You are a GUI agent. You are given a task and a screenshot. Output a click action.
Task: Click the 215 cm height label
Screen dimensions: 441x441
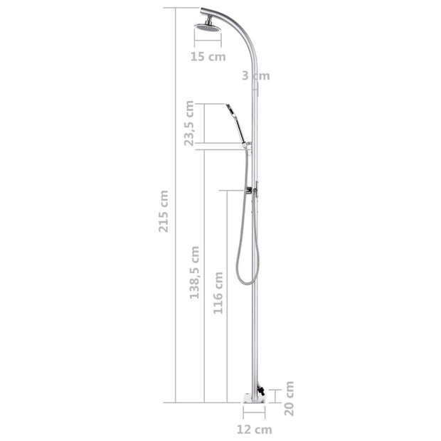[x=164, y=213]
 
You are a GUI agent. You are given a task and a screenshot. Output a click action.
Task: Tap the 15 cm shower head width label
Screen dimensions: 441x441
[x=208, y=57]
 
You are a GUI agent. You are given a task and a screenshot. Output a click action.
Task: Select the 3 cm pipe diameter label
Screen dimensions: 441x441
[x=255, y=75]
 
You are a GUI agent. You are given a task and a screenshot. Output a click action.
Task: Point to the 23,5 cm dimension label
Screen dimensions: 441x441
[x=189, y=123]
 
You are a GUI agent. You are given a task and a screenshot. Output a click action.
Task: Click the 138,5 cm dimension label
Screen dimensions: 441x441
[x=194, y=272]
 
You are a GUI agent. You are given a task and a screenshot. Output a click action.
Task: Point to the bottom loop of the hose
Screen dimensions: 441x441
[x=247, y=280]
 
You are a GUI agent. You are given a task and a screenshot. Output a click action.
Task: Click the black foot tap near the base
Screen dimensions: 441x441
[x=261, y=391]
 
